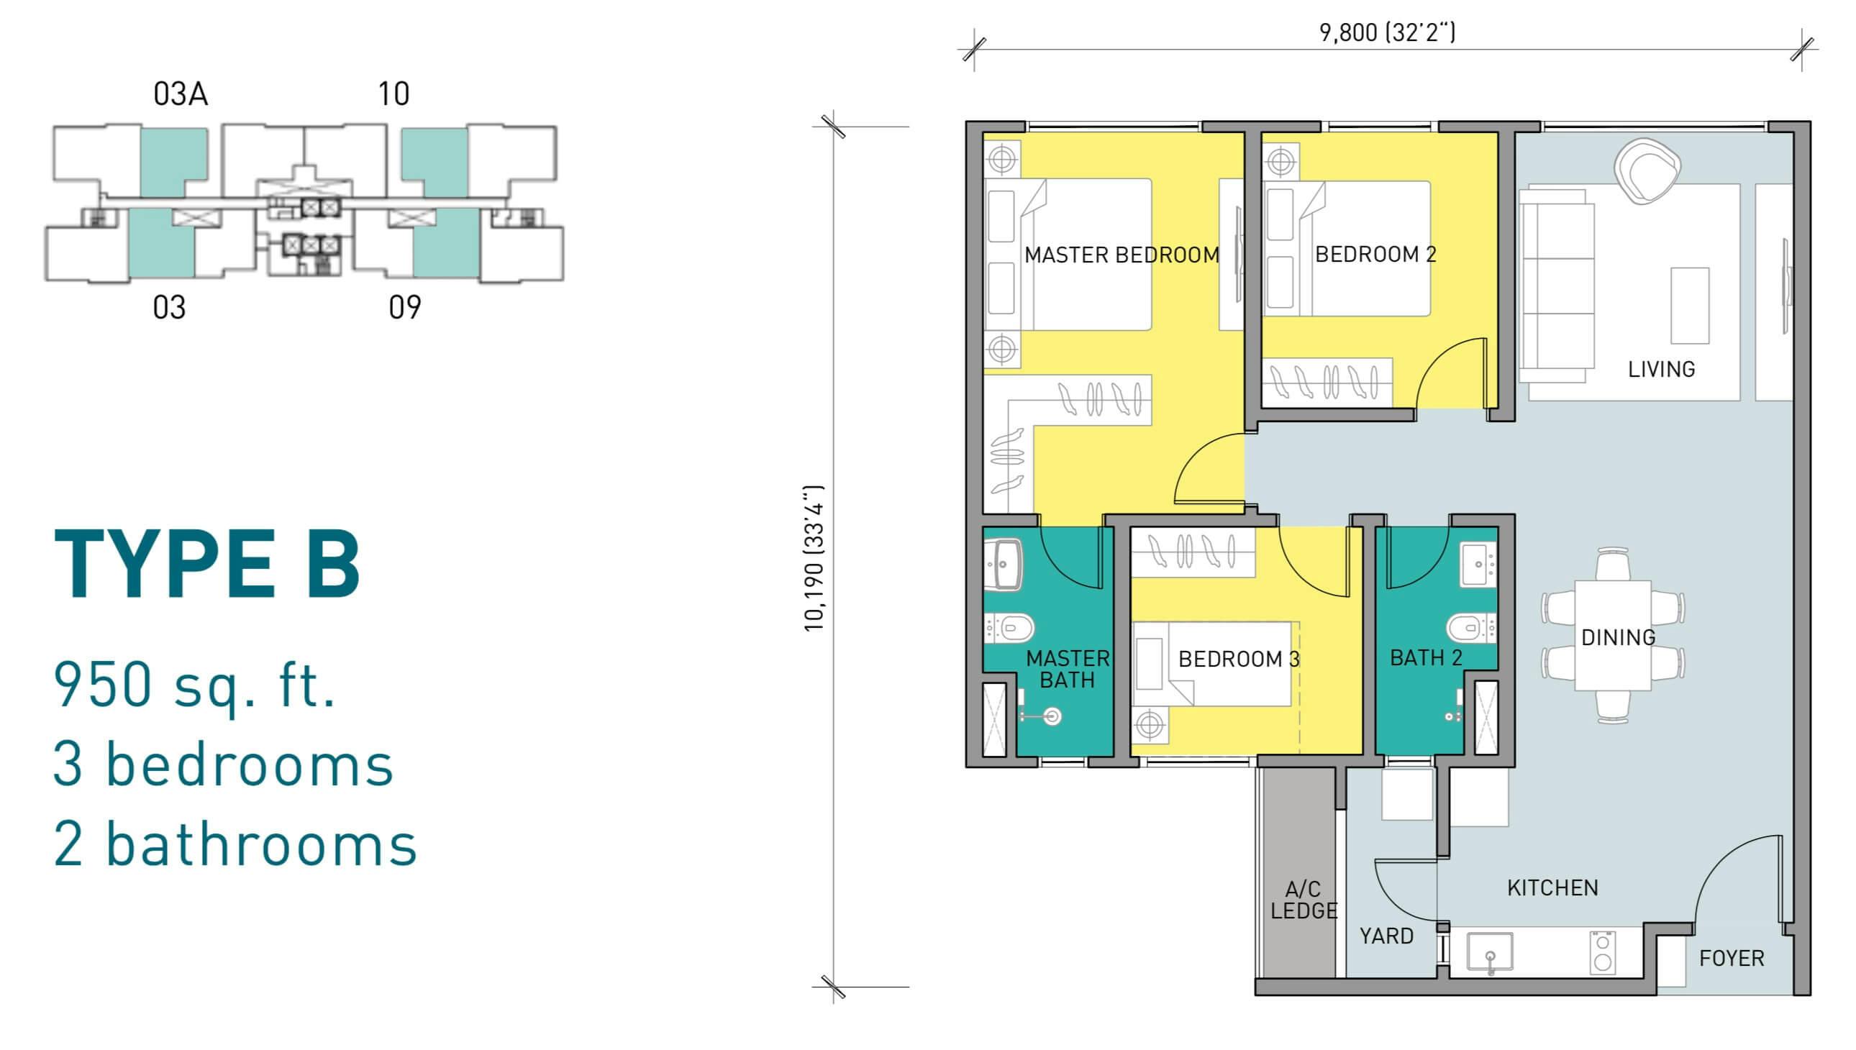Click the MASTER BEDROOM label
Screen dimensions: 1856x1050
[1122, 255]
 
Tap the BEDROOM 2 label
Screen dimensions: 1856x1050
[1375, 255]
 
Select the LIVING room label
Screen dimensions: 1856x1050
[1661, 369]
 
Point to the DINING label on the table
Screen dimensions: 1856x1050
[1618, 637]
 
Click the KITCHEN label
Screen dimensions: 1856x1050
[1552, 887]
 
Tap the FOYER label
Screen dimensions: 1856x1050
[1732, 959]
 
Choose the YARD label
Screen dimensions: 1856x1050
[1386, 936]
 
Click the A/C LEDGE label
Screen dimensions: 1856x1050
[1304, 900]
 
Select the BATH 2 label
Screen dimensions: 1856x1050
[1426, 658]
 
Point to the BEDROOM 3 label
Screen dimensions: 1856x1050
[1239, 659]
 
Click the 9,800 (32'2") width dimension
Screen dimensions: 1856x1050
[1387, 32]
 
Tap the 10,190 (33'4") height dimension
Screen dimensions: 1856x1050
[814, 558]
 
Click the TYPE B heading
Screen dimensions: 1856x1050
[207, 565]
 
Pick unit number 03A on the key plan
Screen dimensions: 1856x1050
[181, 93]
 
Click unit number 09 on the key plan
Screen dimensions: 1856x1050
[405, 307]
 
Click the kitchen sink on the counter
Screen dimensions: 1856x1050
[1490, 951]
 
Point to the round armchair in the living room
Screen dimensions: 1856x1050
[1647, 172]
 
